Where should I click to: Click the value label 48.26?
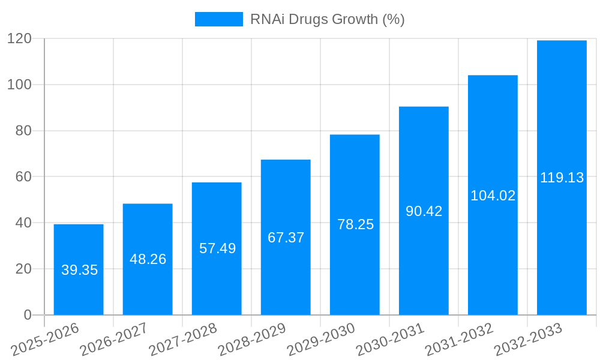[148, 259]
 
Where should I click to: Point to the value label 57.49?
[217, 248]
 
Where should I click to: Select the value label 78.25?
[355, 224]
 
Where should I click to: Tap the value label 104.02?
[493, 195]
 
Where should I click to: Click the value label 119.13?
[562, 178]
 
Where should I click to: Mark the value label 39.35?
[79, 270]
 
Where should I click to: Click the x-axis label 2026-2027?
[114, 339]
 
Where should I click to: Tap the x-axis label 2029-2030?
[321, 339]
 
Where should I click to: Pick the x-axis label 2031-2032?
[459, 339]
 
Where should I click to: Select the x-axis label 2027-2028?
[183, 339]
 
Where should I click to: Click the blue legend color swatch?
[218, 19]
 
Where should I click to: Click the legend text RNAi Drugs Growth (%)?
[327, 19]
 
